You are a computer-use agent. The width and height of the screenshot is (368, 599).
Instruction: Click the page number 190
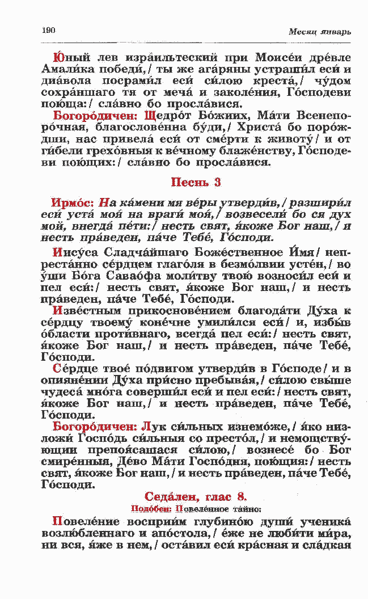tap(48, 30)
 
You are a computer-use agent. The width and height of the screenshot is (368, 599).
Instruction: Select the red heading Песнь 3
tap(196, 182)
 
